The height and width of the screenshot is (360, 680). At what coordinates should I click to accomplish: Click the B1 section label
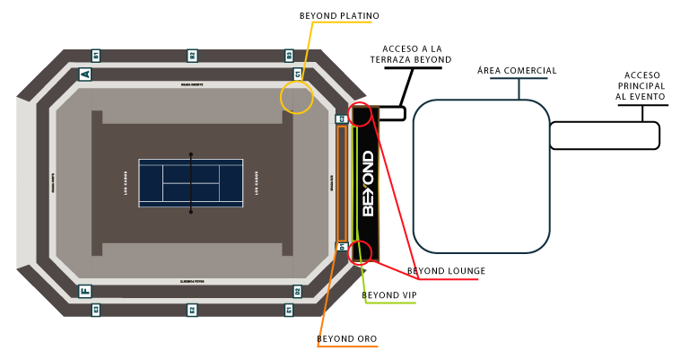(96, 56)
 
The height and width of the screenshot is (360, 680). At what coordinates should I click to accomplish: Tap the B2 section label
(192, 56)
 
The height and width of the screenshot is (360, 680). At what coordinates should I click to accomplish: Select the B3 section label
(289, 56)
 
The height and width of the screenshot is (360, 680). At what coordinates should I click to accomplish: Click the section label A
(85, 75)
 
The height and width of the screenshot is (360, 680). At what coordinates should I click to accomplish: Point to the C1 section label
(298, 75)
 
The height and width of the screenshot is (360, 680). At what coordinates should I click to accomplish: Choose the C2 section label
(341, 119)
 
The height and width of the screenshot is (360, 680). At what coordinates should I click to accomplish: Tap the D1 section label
(341, 246)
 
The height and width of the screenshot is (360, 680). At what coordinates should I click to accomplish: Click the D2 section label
(297, 291)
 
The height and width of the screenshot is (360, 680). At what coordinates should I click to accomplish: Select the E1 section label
(289, 310)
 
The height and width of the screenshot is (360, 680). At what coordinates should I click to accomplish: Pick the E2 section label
(192, 310)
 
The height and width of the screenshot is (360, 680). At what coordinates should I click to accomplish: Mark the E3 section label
(96, 310)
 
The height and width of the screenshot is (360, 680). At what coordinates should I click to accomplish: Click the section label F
(85, 291)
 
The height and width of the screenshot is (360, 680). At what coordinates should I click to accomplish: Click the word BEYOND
(368, 183)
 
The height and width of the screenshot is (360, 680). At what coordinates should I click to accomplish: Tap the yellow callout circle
(297, 97)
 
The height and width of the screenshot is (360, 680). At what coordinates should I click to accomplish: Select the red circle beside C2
(360, 115)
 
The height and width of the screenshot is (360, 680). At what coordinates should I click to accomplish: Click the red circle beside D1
(360, 252)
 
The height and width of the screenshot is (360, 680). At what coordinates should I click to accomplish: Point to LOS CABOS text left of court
(126, 183)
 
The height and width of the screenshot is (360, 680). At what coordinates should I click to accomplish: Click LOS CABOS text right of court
(257, 183)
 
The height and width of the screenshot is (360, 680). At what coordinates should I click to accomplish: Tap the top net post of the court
(191, 154)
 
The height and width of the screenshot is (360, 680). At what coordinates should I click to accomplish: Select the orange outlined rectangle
(342, 183)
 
